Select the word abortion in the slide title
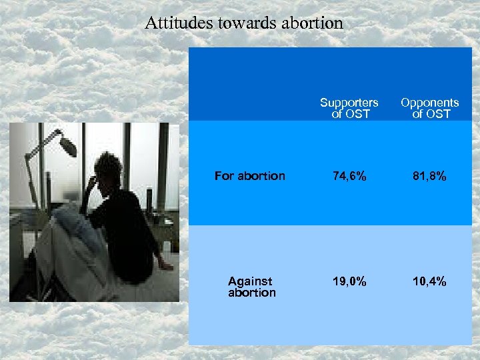[x=312, y=23]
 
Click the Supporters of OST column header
[x=349, y=108]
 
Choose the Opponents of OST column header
[x=429, y=108]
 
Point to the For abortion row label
[x=249, y=177]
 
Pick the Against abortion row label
[x=251, y=287]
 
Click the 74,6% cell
[x=349, y=177]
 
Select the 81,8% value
[x=429, y=177]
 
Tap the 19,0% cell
[x=349, y=281]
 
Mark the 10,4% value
[x=429, y=281]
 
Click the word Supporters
[x=349, y=103]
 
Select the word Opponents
[x=429, y=103]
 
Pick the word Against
[x=249, y=281]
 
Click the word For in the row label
[x=224, y=177]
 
